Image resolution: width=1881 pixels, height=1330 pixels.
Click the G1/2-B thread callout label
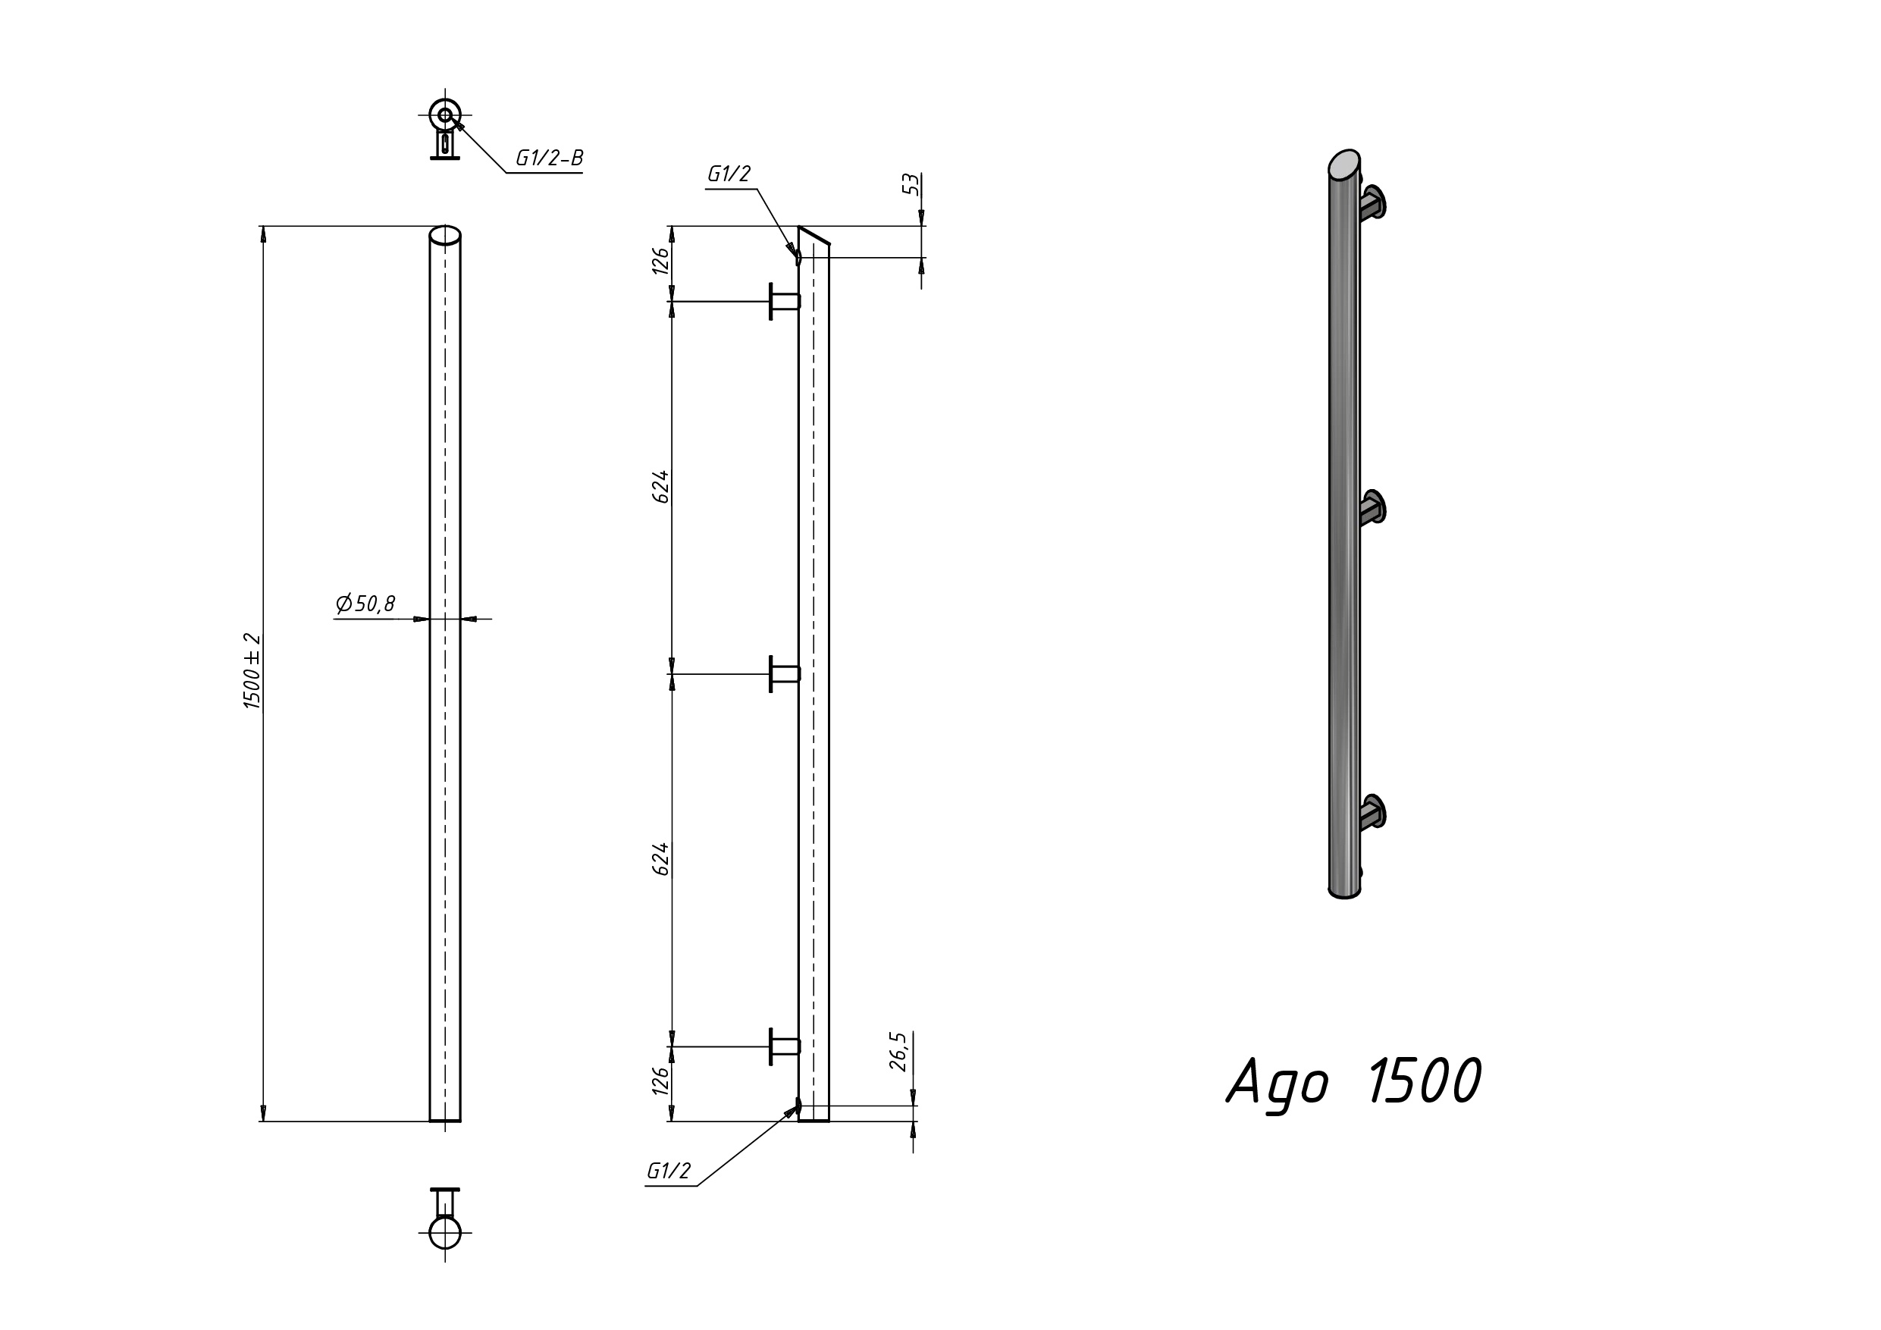(549, 158)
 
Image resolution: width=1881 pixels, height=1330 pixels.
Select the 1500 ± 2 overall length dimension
(252, 671)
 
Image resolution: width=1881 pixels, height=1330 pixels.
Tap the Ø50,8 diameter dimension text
(365, 603)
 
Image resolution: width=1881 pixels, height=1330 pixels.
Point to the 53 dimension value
(911, 184)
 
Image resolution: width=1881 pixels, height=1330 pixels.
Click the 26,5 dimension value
(898, 1052)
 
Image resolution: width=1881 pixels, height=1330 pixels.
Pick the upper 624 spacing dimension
(661, 487)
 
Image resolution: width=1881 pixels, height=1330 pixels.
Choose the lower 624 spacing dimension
(661, 859)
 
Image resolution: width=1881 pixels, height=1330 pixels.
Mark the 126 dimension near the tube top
(661, 261)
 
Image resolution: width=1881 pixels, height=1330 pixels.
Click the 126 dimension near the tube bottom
(661, 1080)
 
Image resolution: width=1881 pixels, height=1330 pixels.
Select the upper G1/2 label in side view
(729, 174)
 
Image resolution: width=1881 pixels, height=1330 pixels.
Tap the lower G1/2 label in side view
(669, 1171)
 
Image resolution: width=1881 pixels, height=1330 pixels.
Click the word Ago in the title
(1278, 1084)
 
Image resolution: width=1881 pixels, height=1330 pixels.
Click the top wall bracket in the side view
(784, 302)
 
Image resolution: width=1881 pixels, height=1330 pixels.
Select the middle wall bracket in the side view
(784, 673)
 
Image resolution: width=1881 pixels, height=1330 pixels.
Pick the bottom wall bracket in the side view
(784, 1046)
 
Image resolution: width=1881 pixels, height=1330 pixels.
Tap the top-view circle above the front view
(445, 115)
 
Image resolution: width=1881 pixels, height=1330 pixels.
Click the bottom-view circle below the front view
(445, 1232)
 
